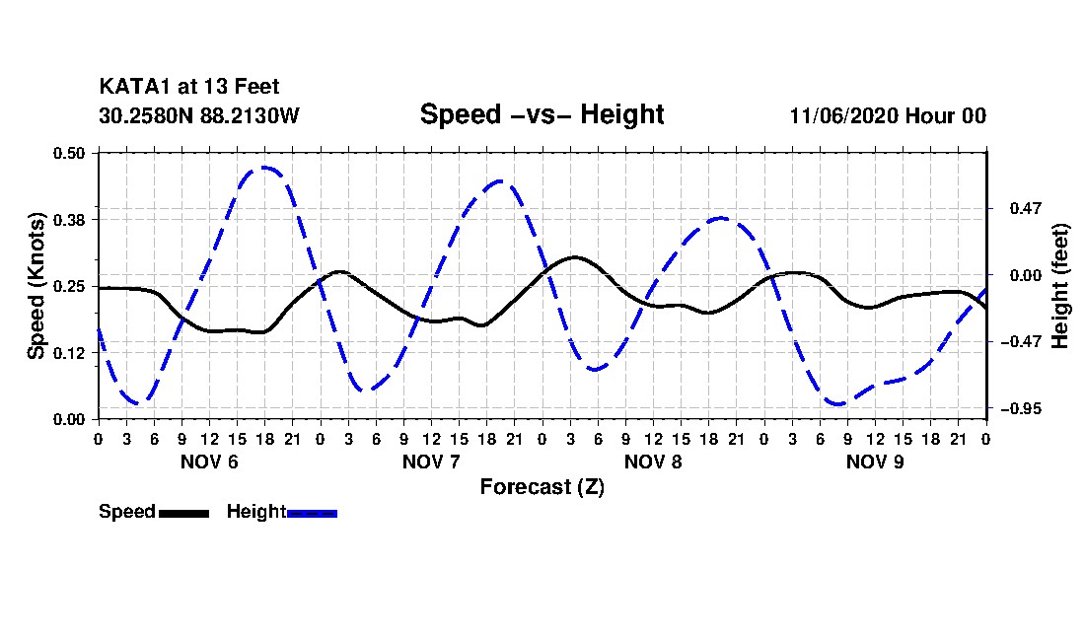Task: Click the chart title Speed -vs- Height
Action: pos(542,114)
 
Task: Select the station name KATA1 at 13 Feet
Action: pos(189,87)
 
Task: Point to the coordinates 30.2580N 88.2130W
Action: pos(198,115)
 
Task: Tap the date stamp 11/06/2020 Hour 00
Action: pos(888,115)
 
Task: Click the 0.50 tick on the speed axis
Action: pos(69,153)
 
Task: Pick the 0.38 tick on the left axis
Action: pos(69,220)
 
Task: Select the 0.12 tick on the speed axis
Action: pos(69,353)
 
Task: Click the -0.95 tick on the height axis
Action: pos(1021,408)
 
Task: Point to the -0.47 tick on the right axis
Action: pos(1021,341)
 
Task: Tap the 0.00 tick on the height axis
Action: pos(1026,275)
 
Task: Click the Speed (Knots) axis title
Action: pos(36,286)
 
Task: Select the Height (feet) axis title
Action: pos(1059,286)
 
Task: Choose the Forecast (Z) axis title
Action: pos(542,487)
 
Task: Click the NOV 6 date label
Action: pos(209,462)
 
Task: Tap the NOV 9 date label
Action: pos(875,462)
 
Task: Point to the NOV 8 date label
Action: pos(653,462)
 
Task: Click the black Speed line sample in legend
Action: pos(183,513)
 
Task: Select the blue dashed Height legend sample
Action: pos(312,513)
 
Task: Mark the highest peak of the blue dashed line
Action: pos(264,168)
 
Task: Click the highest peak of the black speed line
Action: pos(574,256)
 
